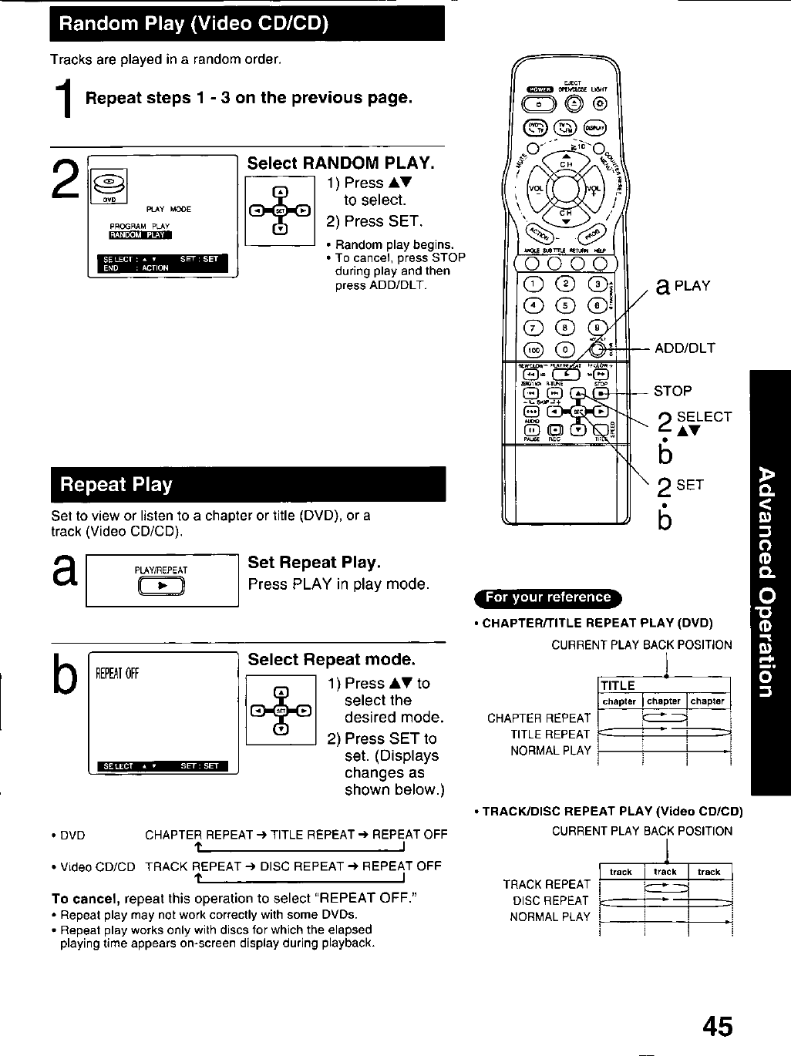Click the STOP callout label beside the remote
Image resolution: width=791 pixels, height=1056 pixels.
tap(672, 391)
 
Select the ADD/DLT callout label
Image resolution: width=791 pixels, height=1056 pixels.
tap(685, 348)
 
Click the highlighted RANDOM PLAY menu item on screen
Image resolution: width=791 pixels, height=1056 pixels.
tap(140, 236)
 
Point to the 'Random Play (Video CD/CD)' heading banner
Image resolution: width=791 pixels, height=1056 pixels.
tap(247, 24)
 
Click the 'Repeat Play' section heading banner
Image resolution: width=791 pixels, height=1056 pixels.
tap(247, 485)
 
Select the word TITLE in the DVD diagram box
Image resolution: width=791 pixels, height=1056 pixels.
tap(618, 685)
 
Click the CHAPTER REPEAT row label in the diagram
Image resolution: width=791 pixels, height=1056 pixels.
tap(538, 718)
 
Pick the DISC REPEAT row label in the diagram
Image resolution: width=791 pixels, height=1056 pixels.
tap(550, 900)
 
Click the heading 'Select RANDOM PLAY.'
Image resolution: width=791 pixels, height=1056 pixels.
tap(341, 163)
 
